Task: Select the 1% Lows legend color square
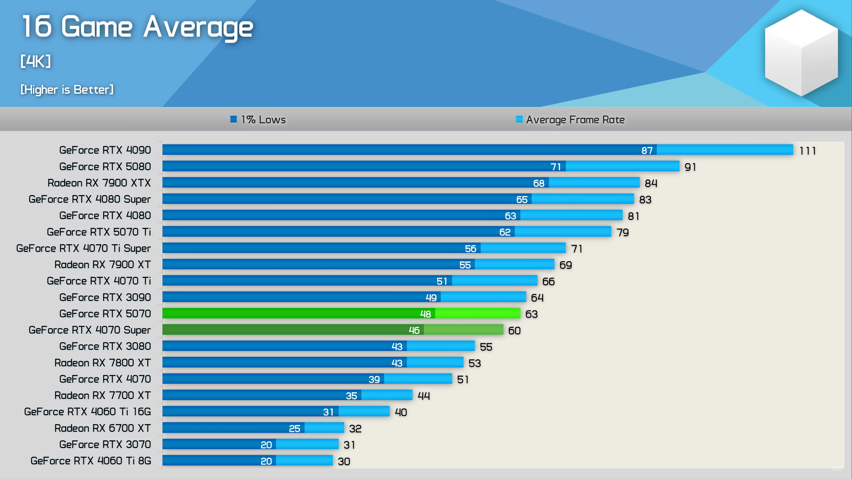click(233, 119)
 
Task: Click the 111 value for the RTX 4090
click(807, 151)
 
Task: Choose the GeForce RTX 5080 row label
click(105, 166)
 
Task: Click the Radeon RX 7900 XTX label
click(99, 183)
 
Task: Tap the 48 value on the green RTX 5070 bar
click(425, 314)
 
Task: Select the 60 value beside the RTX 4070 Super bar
click(514, 331)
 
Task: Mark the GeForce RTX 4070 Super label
click(90, 330)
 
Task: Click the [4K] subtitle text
click(36, 61)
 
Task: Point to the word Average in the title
click(198, 27)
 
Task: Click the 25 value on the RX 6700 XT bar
click(294, 428)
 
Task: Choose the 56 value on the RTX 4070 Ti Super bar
click(470, 249)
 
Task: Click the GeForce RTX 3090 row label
click(105, 297)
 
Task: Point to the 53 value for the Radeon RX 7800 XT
click(475, 363)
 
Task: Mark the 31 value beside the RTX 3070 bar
click(349, 445)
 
